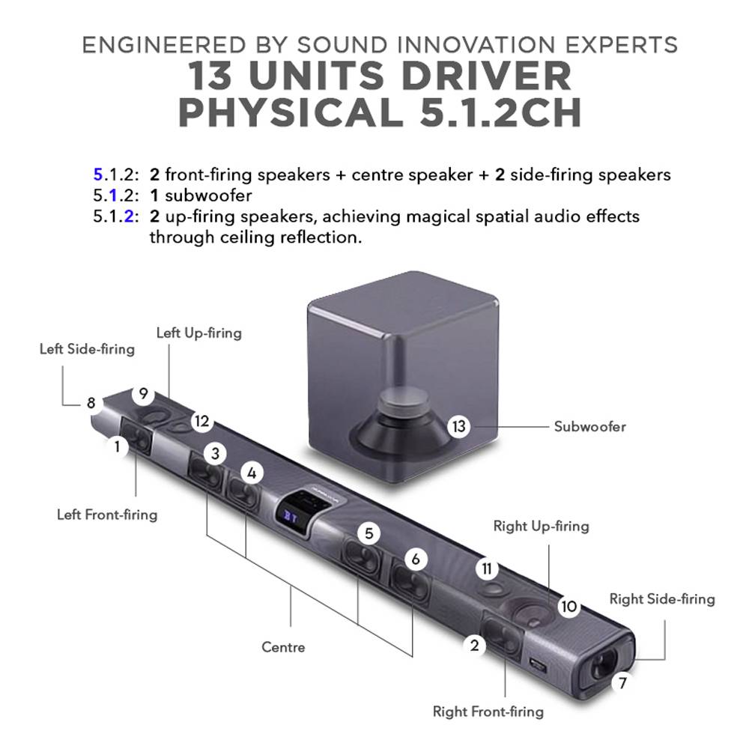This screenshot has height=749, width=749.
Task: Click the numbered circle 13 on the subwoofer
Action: pos(458,426)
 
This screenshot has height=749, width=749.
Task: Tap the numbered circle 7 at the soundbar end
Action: pos(622,683)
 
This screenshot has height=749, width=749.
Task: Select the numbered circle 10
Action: pos(568,606)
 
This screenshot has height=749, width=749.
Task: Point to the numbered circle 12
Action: pos(202,421)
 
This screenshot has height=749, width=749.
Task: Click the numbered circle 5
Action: pos(369,533)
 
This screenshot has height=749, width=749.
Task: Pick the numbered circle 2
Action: pos(474,646)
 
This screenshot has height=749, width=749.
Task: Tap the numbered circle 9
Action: pos(143,394)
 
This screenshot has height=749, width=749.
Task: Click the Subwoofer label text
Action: pos(590,427)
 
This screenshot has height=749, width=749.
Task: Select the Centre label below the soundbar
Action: pos(283,647)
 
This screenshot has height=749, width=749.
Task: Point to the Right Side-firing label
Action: pos(662,599)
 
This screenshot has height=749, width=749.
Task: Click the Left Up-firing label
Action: pos(199,333)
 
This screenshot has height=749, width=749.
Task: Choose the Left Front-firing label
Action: pos(107,515)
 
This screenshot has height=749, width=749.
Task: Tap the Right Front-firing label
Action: pos(488,712)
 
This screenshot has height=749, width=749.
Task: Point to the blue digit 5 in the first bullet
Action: pos(98,175)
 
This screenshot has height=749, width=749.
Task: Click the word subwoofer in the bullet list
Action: pos(208,195)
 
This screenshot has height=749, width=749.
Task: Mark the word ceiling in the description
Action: pos(246,237)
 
